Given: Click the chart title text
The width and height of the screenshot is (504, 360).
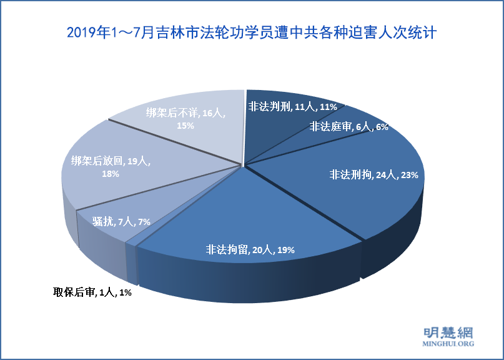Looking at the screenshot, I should (x=251, y=32).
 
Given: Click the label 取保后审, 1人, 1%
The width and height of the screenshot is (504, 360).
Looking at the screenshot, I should (x=92, y=291).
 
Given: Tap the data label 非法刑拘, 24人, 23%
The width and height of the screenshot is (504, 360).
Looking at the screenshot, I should (x=373, y=175).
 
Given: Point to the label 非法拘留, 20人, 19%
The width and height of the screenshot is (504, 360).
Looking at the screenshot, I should (x=250, y=250).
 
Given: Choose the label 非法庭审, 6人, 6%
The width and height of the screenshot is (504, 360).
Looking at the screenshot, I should (x=348, y=126).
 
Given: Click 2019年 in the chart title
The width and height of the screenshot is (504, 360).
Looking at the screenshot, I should (x=87, y=32).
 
